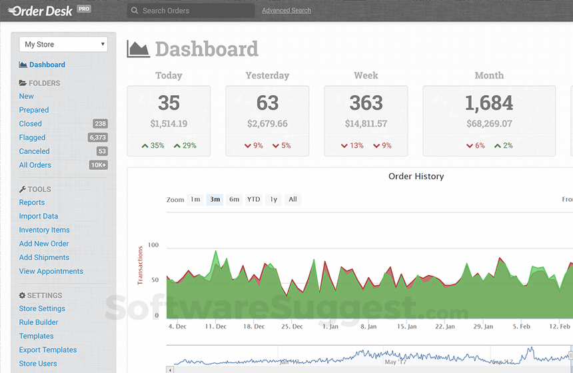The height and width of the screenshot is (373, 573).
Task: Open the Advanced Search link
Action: click(x=286, y=11)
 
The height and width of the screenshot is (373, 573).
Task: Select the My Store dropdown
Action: click(x=63, y=45)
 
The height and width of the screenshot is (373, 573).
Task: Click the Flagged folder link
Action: click(x=32, y=138)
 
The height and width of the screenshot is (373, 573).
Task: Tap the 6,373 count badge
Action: click(x=98, y=138)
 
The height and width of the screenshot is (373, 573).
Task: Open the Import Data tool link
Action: click(x=38, y=216)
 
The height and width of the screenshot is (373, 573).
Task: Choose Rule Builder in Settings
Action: click(x=39, y=322)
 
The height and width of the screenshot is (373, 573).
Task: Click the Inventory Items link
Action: click(x=44, y=230)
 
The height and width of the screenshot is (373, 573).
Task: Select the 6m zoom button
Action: click(x=234, y=199)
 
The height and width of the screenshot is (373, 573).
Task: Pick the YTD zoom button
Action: click(x=253, y=199)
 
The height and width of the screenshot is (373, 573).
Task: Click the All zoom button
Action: click(x=292, y=199)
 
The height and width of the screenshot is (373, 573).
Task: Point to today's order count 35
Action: click(x=169, y=103)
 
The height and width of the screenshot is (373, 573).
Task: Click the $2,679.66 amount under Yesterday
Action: click(x=267, y=124)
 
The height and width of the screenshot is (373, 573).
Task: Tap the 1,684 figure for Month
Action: click(x=488, y=103)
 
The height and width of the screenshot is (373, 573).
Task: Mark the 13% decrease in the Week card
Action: click(x=352, y=146)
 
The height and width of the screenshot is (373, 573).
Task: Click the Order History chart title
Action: click(x=416, y=177)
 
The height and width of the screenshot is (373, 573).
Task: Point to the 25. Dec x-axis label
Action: click(x=292, y=327)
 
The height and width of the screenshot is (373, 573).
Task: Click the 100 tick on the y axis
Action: click(x=153, y=246)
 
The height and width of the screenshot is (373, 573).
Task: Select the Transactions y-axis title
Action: click(x=140, y=265)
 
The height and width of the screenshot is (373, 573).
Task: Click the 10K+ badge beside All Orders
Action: click(x=98, y=165)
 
